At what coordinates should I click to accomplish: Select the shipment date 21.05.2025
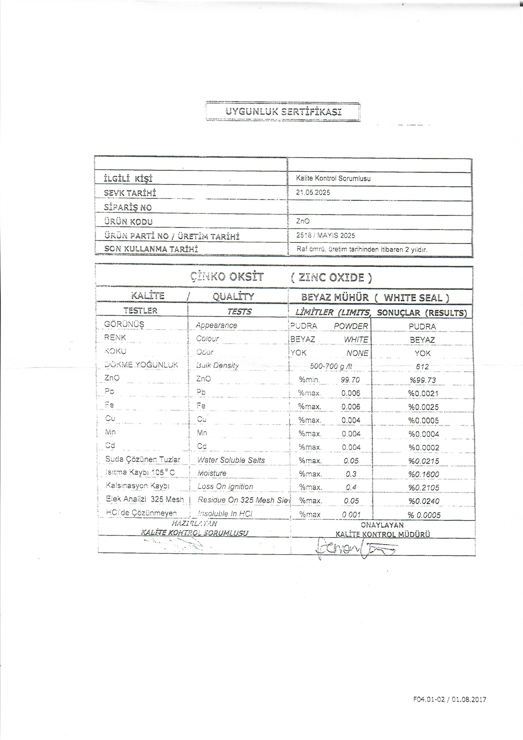[x=313, y=192]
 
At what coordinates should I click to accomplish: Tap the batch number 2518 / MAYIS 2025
[x=326, y=235]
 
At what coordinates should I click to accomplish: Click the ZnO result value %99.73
[x=423, y=380]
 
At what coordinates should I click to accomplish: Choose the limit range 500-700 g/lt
[x=331, y=366]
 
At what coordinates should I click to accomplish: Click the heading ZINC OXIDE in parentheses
[x=331, y=277]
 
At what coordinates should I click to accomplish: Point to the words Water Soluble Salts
[x=231, y=460]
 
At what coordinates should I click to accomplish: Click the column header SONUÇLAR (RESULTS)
[x=422, y=313]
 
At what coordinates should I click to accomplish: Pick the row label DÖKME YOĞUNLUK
[x=141, y=365]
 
